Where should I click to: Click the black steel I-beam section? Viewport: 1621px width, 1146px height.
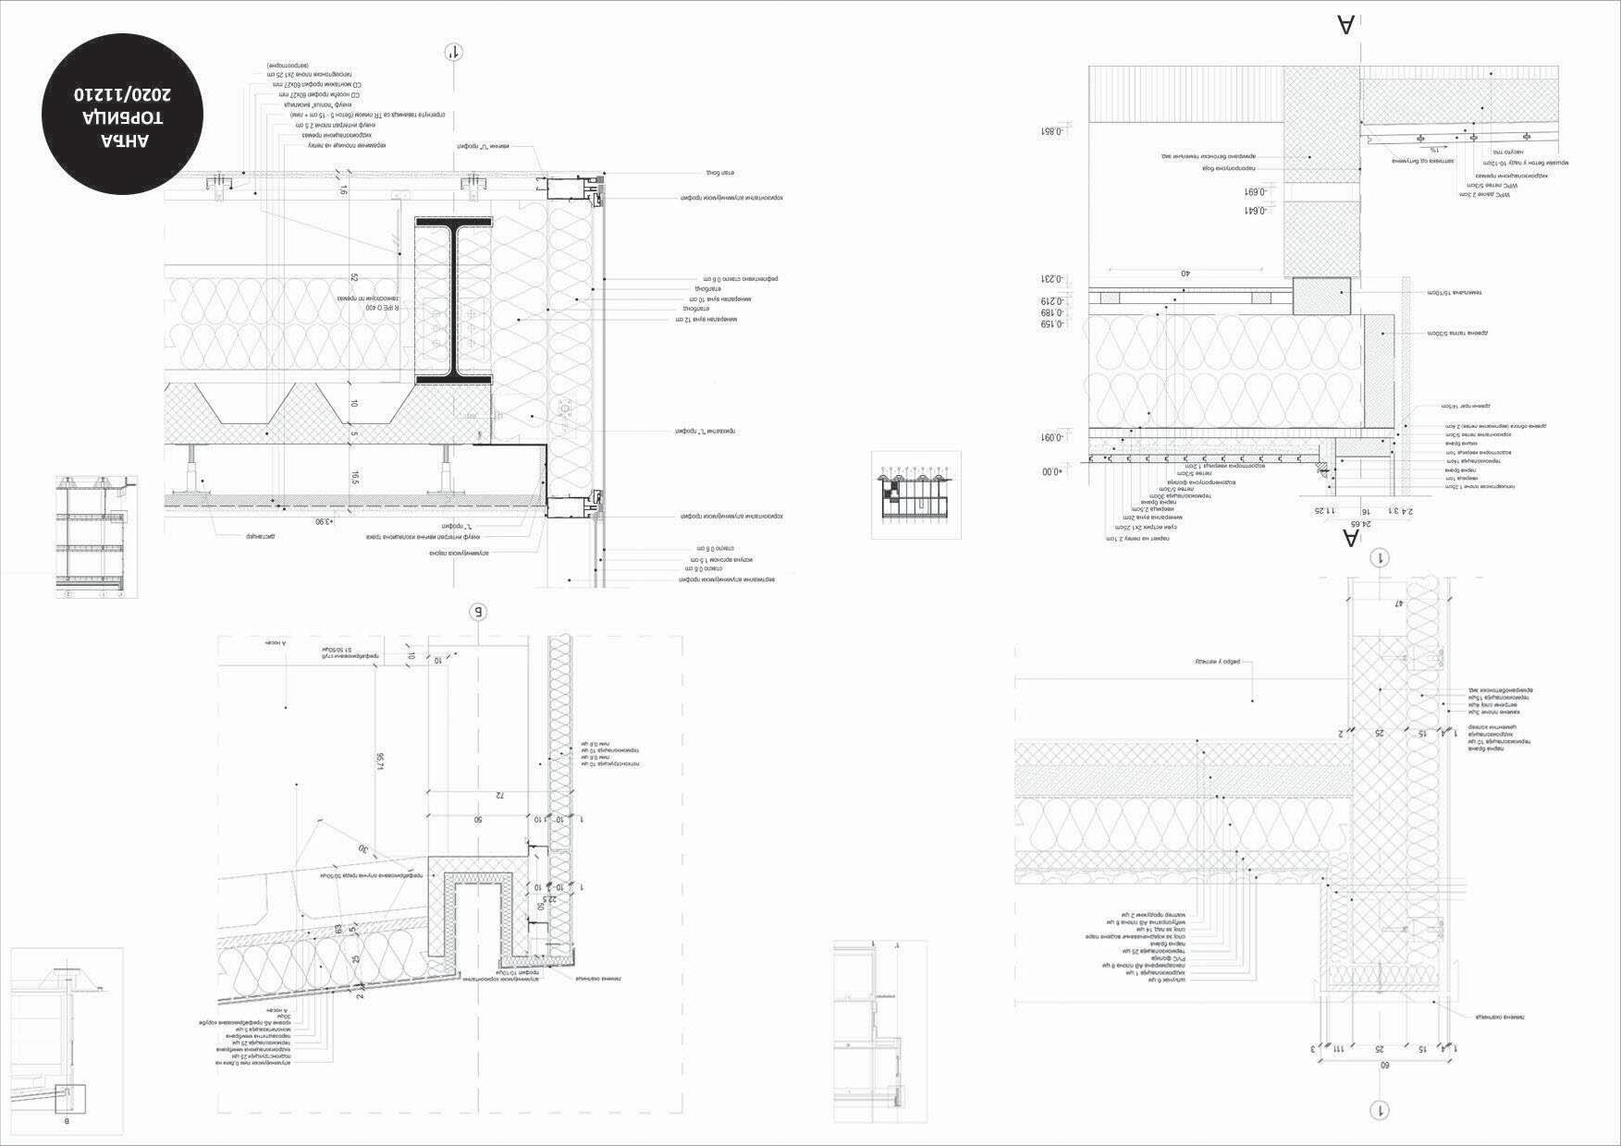pyautogui.click(x=453, y=300)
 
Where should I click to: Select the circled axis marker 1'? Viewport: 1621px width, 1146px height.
pyautogui.click(x=453, y=52)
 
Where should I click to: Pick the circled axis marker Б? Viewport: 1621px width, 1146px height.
pyautogui.click(x=478, y=612)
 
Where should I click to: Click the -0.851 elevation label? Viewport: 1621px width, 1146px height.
pyautogui.click(x=1053, y=131)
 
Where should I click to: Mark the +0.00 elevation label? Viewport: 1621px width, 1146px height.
pyautogui.click(x=1052, y=471)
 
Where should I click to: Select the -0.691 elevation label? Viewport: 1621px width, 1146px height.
pyautogui.click(x=1254, y=192)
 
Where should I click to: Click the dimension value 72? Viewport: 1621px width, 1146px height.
pyautogui.click(x=498, y=795)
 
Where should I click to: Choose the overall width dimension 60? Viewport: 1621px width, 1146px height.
pyautogui.click(x=1384, y=1066)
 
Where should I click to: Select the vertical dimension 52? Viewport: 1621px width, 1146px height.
pyautogui.click(x=354, y=277)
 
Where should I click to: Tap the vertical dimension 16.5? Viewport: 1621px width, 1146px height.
pyautogui.click(x=355, y=477)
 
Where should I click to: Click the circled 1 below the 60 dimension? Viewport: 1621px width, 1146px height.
pyautogui.click(x=1380, y=1110)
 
